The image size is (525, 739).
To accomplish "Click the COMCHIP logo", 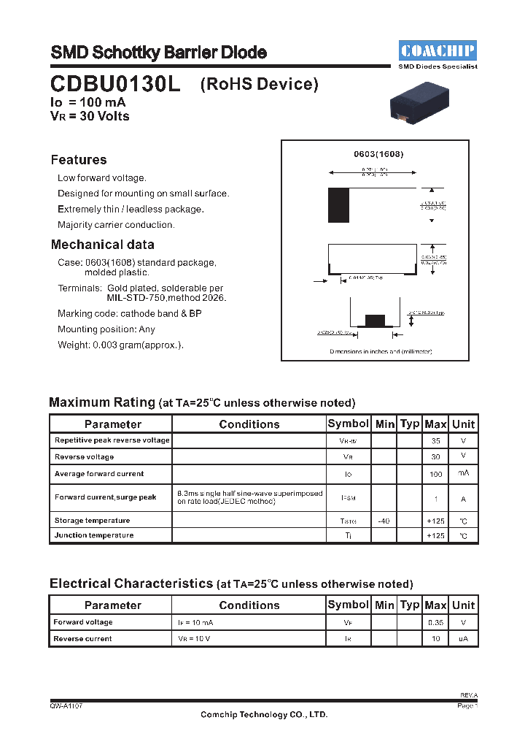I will tap(437, 50).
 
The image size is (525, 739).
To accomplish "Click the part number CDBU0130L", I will tap(115, 84).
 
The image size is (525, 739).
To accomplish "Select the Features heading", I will tap(79, 160).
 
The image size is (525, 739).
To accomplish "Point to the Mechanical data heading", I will tap(102, 245).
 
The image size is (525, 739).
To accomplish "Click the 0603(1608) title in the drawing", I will tap(378, 155).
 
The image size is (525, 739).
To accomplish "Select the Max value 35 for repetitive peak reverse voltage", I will tap(435, 441).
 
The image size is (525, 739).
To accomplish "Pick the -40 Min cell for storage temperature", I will tap(384, 521).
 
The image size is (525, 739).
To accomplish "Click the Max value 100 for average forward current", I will tap(435, 474).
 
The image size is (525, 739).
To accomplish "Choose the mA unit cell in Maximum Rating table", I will tap(463, 474).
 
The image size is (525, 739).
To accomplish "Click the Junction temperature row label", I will tap(94, 535).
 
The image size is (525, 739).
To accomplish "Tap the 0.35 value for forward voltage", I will tap(435, 623).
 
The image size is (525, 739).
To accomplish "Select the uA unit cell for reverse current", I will tap(463, 639).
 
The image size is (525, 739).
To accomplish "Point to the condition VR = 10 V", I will tap(195, 639).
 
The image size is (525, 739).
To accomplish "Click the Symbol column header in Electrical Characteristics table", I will tap(348, 605).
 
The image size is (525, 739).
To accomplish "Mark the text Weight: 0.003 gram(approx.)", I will tap(120, 345).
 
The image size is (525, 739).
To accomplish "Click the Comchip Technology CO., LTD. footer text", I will tap(264, 715).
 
